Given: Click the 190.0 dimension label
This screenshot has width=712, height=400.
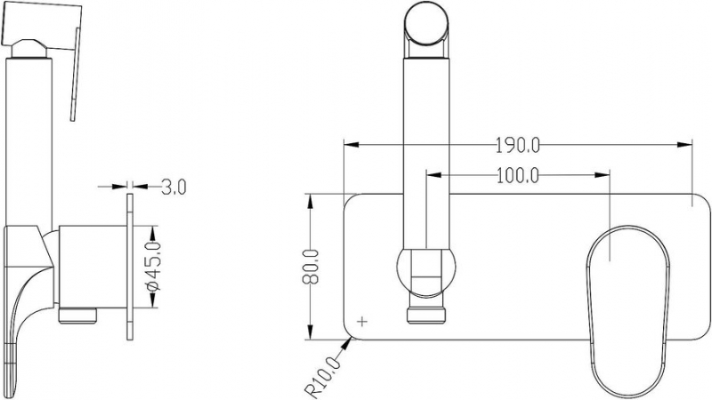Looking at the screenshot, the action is tap(517, 146).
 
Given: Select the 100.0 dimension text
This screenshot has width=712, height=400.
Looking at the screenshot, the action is tap(517, 175).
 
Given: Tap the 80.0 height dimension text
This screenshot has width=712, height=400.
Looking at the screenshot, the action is tap(311, 267).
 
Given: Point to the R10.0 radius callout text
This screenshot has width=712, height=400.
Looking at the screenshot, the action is tap(322, 377).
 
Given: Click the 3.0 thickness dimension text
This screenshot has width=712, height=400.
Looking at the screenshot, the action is tap(174, 187).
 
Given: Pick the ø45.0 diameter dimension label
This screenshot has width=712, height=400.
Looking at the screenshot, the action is tap(154, 266).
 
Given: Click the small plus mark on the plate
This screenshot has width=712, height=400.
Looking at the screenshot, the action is tap(362, 322).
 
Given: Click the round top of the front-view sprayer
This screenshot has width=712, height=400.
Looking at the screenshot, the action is tap(427, 23).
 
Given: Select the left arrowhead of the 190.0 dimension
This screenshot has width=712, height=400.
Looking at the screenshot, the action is tap(352, 145).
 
